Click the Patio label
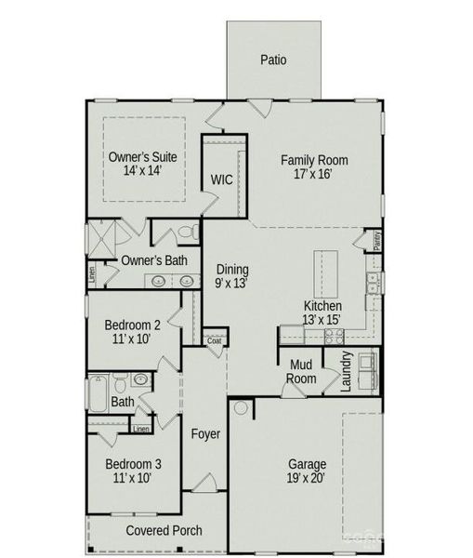tap(272, 60)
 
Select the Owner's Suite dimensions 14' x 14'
tap(142, 171)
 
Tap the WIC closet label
tap(221, 179)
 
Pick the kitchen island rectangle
tap(324, 272)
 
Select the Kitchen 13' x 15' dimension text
tap(322, 319)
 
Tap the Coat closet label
tap(215, 340)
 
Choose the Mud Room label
tap(303, 372)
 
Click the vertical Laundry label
tap(346, 371)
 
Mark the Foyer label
tap(205, 434)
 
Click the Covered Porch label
tap(164, 531)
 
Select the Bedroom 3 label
tap(133, 464)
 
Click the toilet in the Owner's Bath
tap(187, 232)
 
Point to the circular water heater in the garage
tap(241, 407)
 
